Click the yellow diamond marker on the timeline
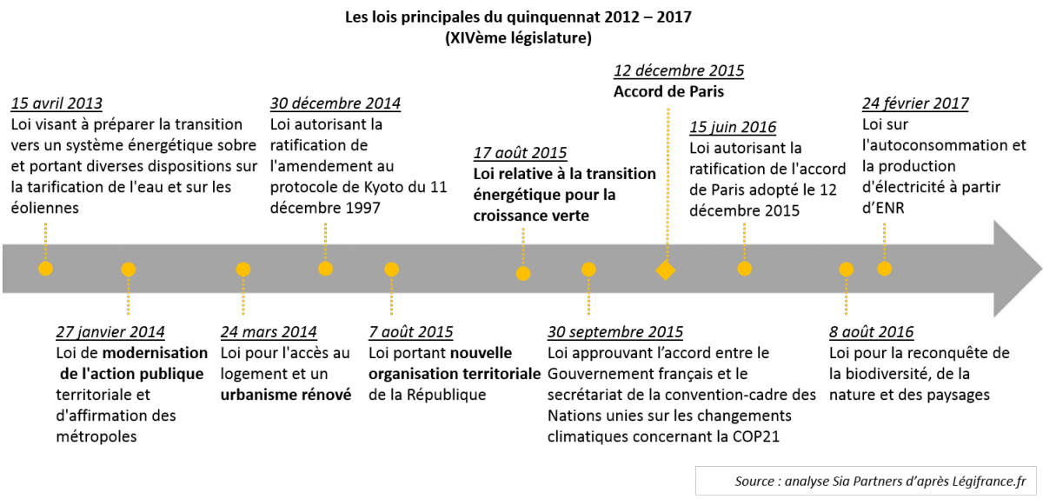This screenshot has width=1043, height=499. point(666,270)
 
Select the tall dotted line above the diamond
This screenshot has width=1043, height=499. point(668,183)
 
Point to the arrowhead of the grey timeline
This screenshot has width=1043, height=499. point(1017,269)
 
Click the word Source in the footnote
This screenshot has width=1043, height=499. point(754,481)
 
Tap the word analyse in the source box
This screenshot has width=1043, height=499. point(807,481)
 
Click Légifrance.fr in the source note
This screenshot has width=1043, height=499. point(994,481)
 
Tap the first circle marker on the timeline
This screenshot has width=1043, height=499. point(46,269)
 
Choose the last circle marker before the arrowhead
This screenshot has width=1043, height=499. point(885,269)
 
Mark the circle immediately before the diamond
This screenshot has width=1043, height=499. point(588,269)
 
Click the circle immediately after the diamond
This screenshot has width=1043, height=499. point(745,269)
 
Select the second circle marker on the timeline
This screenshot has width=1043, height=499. point(129,269)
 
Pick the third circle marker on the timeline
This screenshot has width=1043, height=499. point(243,269)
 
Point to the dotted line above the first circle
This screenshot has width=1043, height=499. point(46,240)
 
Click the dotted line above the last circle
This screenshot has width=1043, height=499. point(885,240)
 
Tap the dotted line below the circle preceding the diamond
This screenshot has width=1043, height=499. point(588,296)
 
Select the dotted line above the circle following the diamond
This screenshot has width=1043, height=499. point(745,240)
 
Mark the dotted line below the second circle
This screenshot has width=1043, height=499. point(129,296)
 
